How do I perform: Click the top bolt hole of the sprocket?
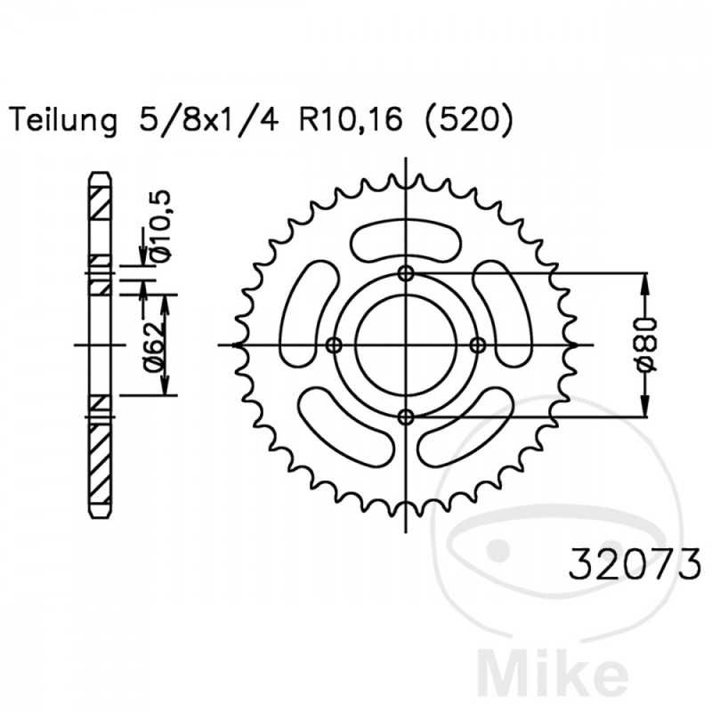point(406,273)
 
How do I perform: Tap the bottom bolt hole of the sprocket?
point(406,416)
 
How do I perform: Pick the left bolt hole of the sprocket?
point(335,344)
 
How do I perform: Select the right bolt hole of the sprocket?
point(477,344)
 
